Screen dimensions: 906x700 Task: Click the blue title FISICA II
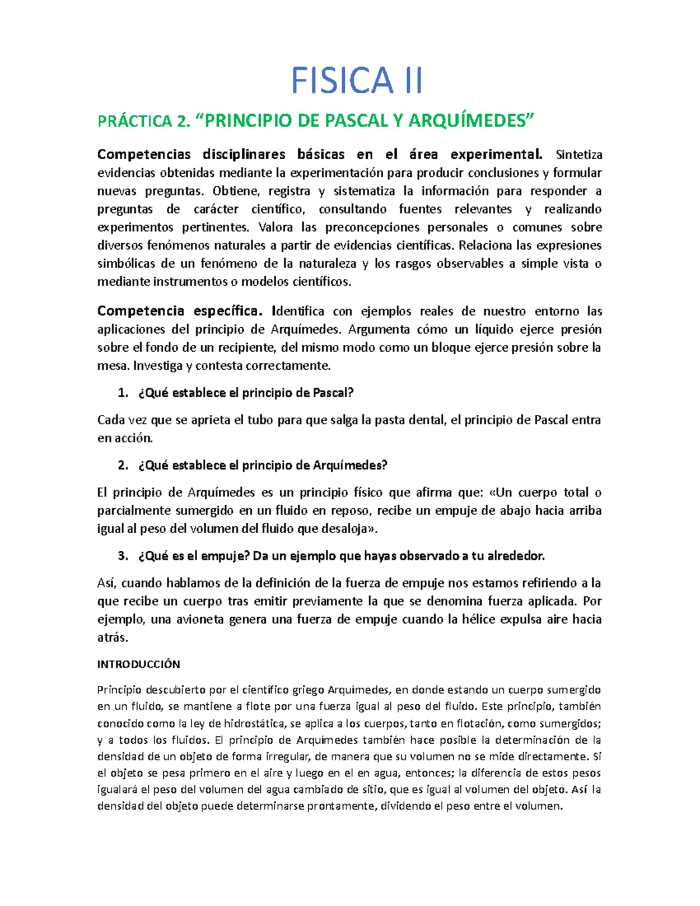356,81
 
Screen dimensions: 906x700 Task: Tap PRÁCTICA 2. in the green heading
143,121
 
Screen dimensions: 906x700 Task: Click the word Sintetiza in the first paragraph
579,155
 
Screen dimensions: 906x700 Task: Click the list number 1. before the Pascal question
123,393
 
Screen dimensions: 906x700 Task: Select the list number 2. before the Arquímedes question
123,466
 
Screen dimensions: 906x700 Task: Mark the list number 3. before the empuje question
123,556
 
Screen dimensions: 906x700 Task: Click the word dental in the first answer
427,420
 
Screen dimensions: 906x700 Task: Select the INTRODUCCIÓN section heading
138,664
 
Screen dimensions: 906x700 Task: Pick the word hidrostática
254,724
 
